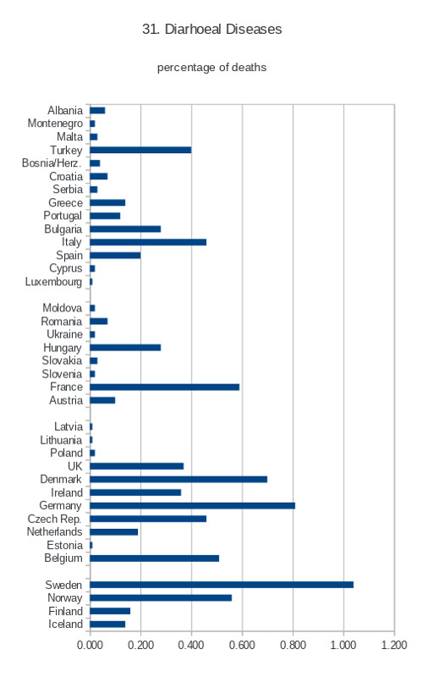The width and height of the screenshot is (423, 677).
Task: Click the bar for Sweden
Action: [x=222, y=585]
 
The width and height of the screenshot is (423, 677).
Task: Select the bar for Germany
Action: [x=193, y=505]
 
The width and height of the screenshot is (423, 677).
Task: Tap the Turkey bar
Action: [x=140, y=150]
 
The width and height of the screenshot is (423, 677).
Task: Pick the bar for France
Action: [x=164, y=387]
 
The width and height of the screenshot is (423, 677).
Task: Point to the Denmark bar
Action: [x=179, y=479]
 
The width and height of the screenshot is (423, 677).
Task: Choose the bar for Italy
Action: [x=148, y=242]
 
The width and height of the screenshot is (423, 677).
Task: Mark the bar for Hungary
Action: [x=125, y=348]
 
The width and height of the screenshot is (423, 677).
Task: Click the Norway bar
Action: [x=161, y=598]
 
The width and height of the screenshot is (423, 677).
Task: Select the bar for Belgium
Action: [x=155, y=559]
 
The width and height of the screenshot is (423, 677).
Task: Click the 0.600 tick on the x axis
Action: [x=242, y=645]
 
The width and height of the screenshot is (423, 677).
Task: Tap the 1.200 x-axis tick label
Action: [x=394, y=645]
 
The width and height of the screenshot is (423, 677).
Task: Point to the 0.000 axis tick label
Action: [x=90, y=645]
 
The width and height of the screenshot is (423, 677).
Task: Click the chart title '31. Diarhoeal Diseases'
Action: [x=212, y=29]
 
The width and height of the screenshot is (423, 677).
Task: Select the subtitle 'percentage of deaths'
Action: [x=211, y=68]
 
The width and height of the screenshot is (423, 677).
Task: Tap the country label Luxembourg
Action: [x=53, y=282]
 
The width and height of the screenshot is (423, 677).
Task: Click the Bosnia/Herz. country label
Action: [x=52, y=163]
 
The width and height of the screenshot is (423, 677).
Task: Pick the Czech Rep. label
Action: [x=55, y=519]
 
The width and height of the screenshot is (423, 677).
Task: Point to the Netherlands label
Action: [x=54, y=532]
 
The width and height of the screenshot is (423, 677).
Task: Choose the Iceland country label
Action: [x=65, y=625]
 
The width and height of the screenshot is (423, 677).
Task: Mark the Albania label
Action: [x=65, y=111]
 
